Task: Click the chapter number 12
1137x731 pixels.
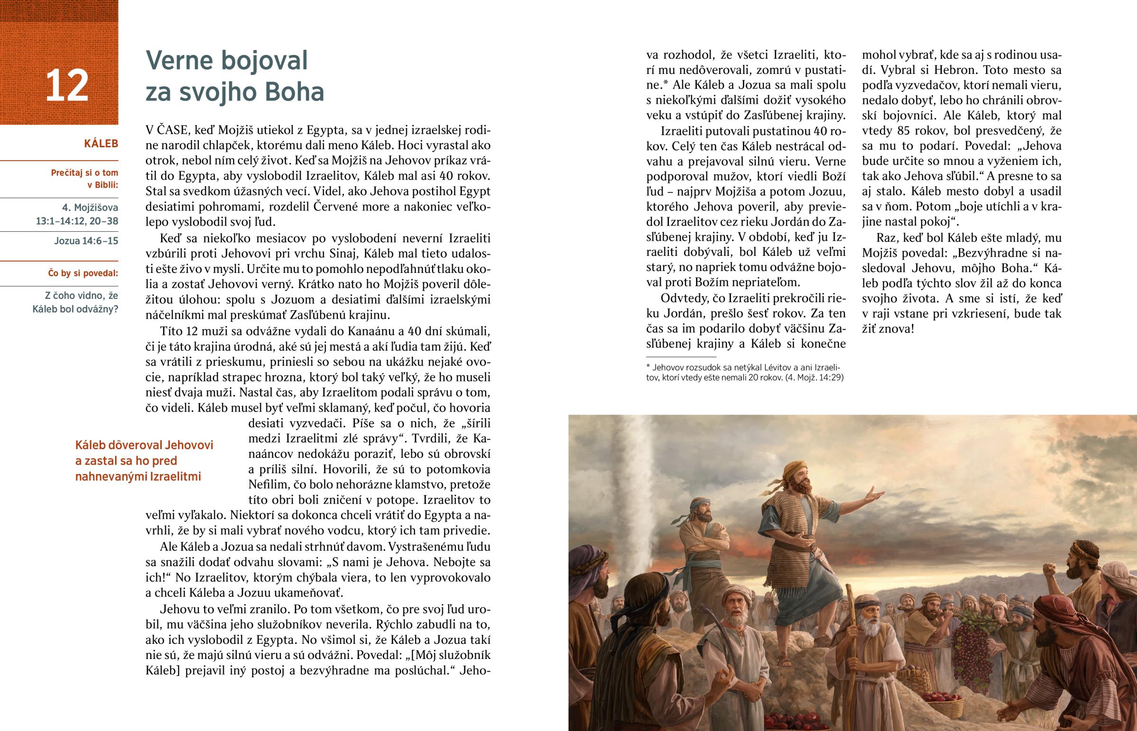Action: (67, 85)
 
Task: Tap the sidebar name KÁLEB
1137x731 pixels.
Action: (100, 144)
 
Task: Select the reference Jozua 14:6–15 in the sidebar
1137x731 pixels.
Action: (86, 241)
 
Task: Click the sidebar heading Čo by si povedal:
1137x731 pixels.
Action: (83, 273)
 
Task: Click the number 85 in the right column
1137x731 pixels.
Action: (906, 131)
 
